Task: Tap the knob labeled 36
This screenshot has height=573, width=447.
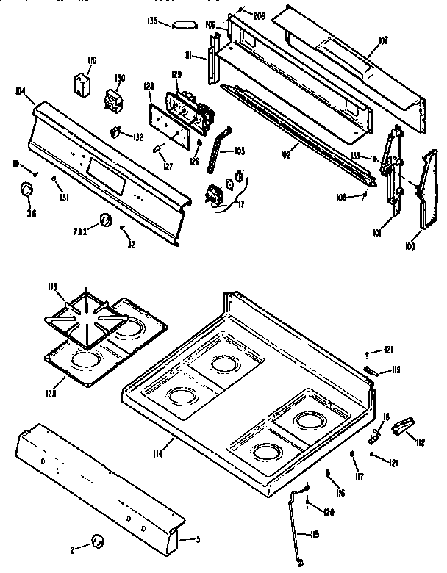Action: pos(26,192)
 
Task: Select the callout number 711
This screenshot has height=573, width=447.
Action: pos(82,231)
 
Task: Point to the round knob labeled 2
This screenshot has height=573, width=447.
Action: pos(96,541)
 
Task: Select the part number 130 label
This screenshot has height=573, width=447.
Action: pos(120,78)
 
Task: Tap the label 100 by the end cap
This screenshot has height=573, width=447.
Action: pos(409,246)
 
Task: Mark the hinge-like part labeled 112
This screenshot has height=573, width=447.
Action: pos(403,425)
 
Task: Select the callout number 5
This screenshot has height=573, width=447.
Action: pos(198,540)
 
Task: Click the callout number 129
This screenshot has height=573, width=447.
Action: pos(176,76)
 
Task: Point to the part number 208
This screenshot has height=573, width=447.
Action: pos(260,14)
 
